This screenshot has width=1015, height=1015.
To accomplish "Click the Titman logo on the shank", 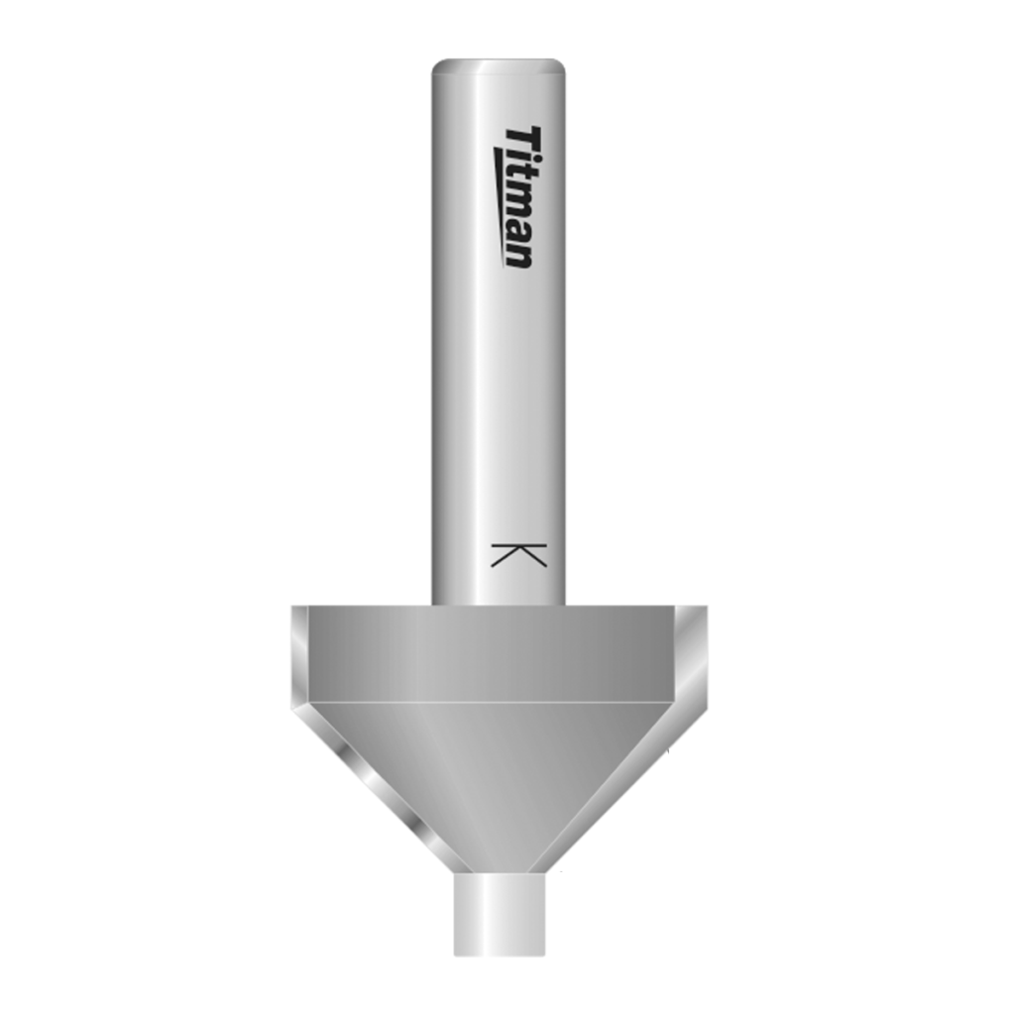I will [518, 196].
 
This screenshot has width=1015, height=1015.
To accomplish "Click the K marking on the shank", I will [518, 555].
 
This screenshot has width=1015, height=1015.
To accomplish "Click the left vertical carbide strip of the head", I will [298, 654].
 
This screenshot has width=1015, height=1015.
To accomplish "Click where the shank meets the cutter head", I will [499, 605].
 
